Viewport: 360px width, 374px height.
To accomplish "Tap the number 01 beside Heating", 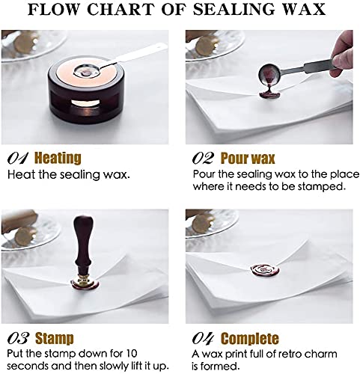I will click(18, 159).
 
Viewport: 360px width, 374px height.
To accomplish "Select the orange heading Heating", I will click(59, 159).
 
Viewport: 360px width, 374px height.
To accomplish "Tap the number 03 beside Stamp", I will click(18, 338).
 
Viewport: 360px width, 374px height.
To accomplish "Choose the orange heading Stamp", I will click(55, 338).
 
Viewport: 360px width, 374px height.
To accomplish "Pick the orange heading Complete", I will click(251, 338).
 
